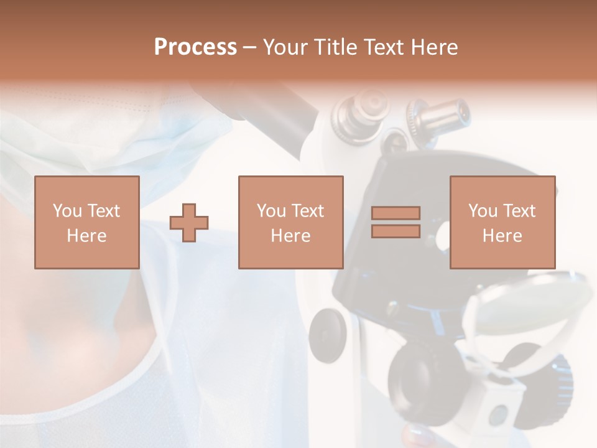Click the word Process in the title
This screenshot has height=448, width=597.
[195, 47]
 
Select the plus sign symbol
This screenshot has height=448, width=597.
[189, 223]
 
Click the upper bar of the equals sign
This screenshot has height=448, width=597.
[396, 213]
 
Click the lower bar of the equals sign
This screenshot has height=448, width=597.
[396, 231]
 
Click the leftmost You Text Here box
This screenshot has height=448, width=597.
[86, 222]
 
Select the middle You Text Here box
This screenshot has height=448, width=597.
[290, 222]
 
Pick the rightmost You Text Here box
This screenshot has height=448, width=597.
[502, 222]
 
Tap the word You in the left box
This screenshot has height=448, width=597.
[67, 211]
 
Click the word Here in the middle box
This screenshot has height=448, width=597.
[290, 236]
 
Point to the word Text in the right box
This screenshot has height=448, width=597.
[519, 211]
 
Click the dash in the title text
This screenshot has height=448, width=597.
[250, 47]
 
